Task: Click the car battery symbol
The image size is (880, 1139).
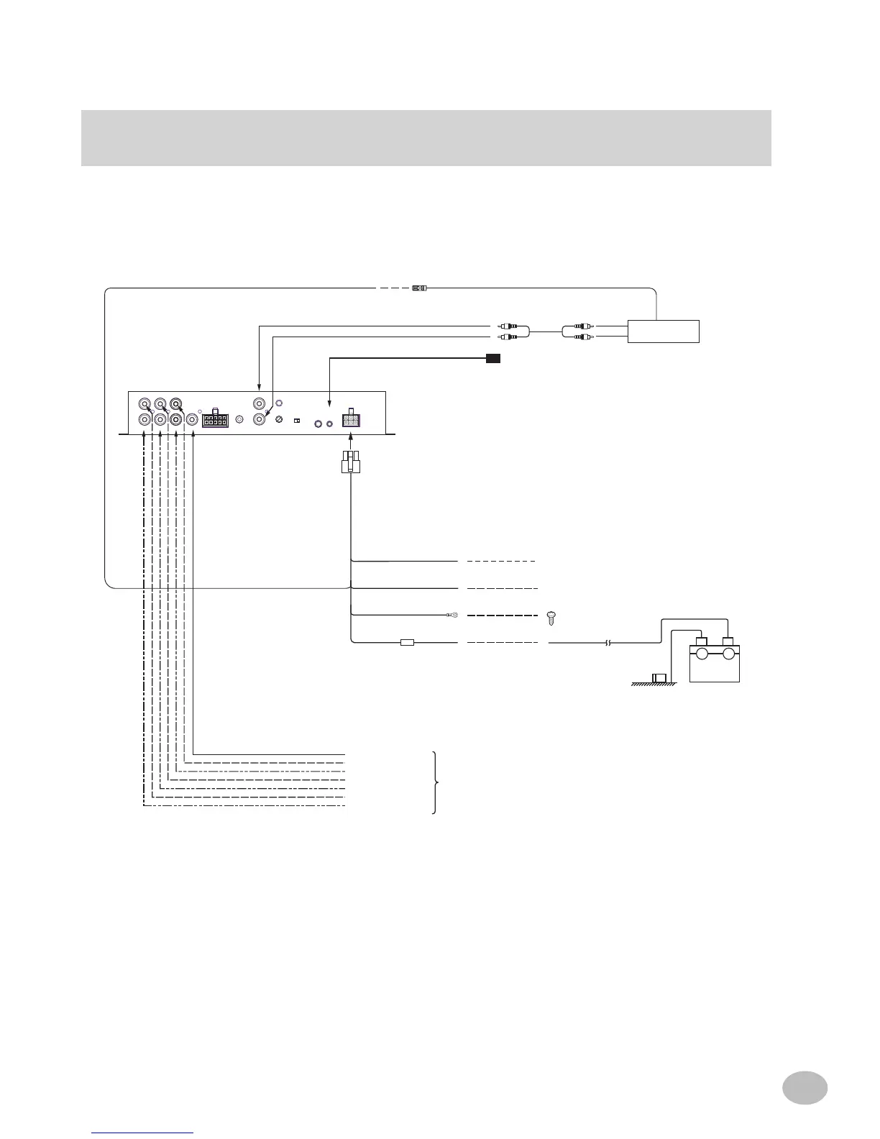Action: (x=714, y=658)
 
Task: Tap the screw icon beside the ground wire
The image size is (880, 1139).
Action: (x=552, y=616)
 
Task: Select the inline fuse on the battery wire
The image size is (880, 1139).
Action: (x=407, y=643)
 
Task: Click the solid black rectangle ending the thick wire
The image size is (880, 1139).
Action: (x=492, y=357)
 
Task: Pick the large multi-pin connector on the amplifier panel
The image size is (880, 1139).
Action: (x=215, y=419)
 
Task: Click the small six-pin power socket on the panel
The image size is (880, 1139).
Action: (x=351, y=418)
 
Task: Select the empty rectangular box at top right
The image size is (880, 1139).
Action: (x=663, y=331)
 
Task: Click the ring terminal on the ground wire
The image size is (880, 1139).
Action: (x=452, y=616)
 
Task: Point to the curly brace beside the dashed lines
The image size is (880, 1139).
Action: (x=434, y=782)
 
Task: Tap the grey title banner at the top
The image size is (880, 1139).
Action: (x=426, y=138)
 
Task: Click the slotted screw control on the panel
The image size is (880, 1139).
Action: (x=279, y=420)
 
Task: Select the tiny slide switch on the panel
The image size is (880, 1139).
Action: (x=296, y=421)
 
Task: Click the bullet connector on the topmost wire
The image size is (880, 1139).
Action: (x=418, y=288)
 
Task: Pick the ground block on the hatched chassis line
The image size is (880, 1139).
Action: (x=659, y=678)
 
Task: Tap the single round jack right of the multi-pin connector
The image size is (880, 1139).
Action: (x=239, y=420)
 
